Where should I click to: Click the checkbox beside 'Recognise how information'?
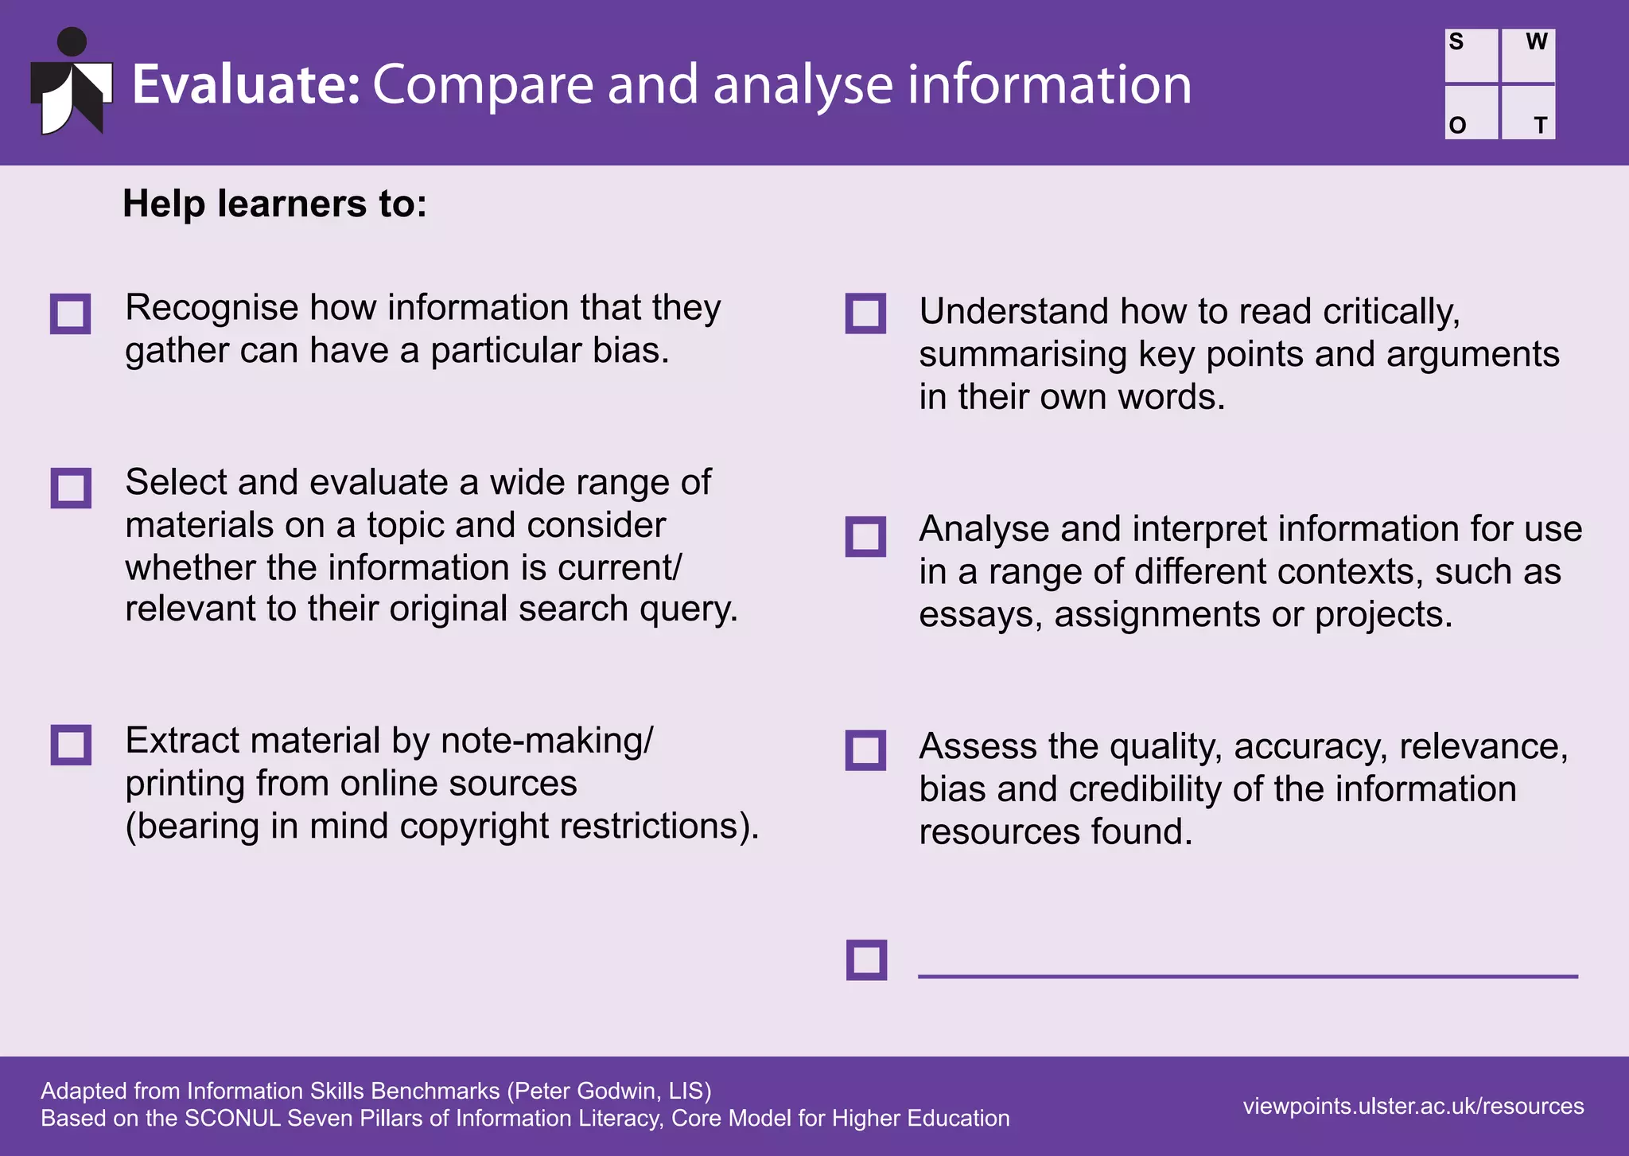70,313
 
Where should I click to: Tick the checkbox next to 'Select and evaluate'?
71,488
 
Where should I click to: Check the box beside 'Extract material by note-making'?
71,745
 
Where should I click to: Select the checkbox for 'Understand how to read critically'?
865,313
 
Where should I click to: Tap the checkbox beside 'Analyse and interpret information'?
865,537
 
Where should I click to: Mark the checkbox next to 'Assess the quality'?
865,750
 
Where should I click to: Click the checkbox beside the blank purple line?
866,959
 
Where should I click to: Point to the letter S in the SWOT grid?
1456,42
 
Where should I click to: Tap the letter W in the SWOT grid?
1537,42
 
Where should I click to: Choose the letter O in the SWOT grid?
1457,126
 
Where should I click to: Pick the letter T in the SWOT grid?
1541,126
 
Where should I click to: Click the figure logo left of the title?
72,83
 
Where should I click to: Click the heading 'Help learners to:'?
274,204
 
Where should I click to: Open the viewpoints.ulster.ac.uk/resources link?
1413,1106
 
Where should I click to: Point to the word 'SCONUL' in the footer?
233,1119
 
